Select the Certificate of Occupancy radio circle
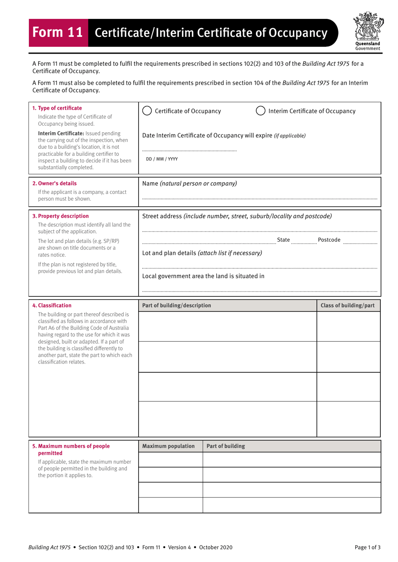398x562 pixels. tap(147, 111)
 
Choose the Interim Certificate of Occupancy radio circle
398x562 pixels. tap(261, 111)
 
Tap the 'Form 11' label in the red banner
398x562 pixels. tap(58, 32)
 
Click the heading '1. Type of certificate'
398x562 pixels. tap(57, 108)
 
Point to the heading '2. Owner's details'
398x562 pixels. tap(54, 183)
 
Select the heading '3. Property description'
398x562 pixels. tap(60, 216)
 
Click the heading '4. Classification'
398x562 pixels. tap(52, 305)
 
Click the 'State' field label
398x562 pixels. tap(283, 240)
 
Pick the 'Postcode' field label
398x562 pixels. tap(329, 240)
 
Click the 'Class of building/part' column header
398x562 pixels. tap(347, 305)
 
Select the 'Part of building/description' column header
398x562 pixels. tap(176, 305)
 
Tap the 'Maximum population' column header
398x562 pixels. tap(168, 446)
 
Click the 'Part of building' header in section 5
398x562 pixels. tap(225, 446)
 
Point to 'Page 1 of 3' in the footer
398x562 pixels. tap(367, 547)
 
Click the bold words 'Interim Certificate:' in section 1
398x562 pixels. tap(61, 134)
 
